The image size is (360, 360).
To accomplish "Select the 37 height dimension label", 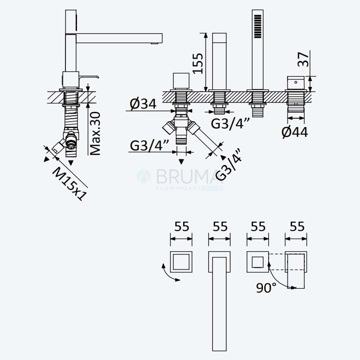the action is pyautogui.click(x=303, y=59).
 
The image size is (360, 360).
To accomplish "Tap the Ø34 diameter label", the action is pyautogui.click(x=143, y=104).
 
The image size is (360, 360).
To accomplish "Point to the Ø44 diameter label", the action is pyautogui.click(x=295, y=132).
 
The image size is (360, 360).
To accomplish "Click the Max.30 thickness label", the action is pyautogui.click(x=95, y=134).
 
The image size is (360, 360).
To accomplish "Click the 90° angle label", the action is pyautogui.click(x=266, y=288).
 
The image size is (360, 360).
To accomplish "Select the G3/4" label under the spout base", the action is pyautogui.click(x=230, y=124).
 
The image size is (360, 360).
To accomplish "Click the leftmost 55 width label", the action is pyautogui.click(x=181, y=226).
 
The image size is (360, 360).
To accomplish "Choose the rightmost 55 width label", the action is pyautogui.click(x=297, y=226).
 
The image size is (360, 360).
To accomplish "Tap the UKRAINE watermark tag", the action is pyautogui.click(x=212, y=188).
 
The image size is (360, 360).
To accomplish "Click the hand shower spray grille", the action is pyautogui.click(x=258, y=26).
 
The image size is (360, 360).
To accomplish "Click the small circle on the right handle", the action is pyautogui.click(x=296, y=82).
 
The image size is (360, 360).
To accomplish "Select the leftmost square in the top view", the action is pyautogui.click(x=181, y=262).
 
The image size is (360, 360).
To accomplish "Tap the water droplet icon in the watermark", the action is pyautogui.click(x=144, y=176).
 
